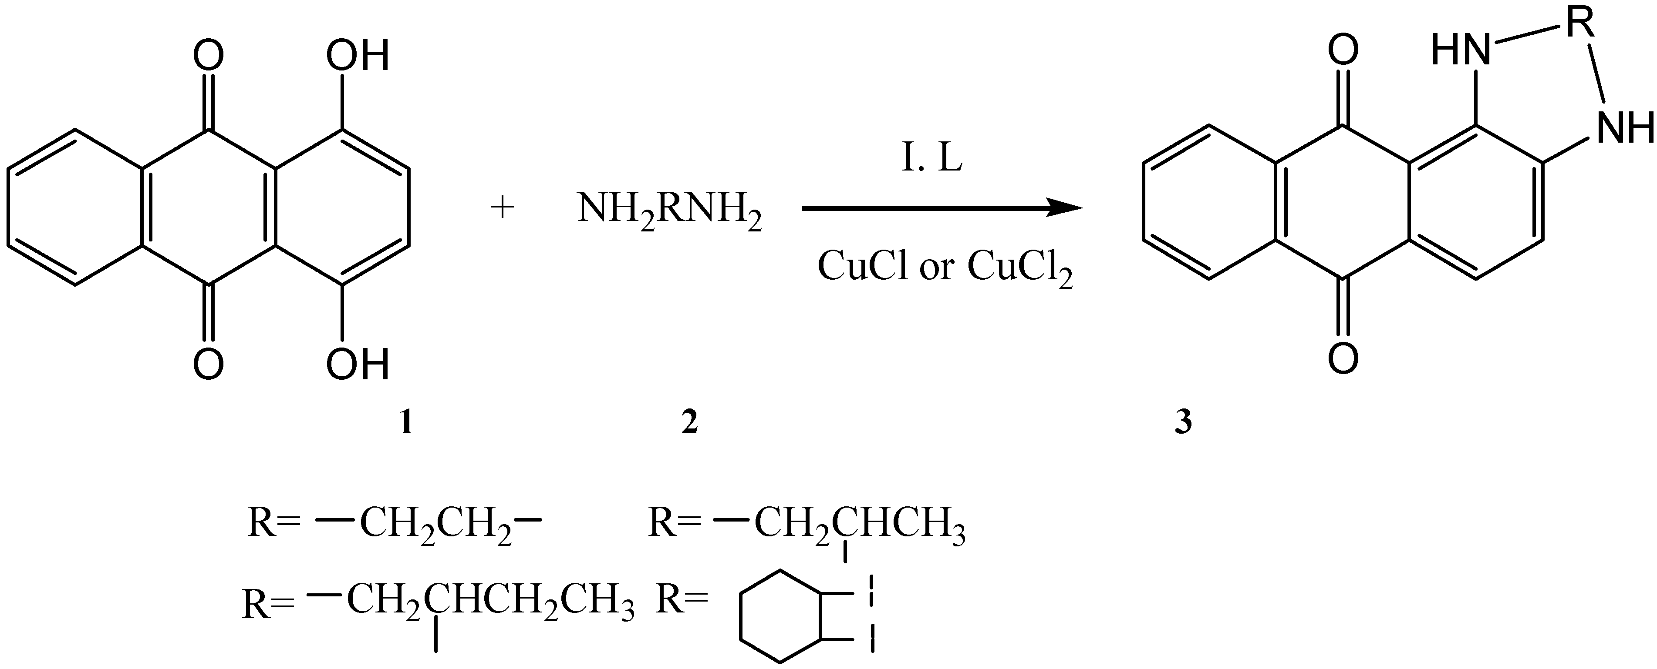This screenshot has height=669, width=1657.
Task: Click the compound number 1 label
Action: (x=406, y=423)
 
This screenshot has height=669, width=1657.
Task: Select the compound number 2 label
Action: (x=689, y=423)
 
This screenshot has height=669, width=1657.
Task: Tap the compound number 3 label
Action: (x=1183, y=423)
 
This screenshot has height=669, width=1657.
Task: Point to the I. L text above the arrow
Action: (x=931, y=159)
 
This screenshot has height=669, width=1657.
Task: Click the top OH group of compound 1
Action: (x=358, y=56)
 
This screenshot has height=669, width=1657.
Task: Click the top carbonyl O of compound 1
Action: (x=209, y=56)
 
